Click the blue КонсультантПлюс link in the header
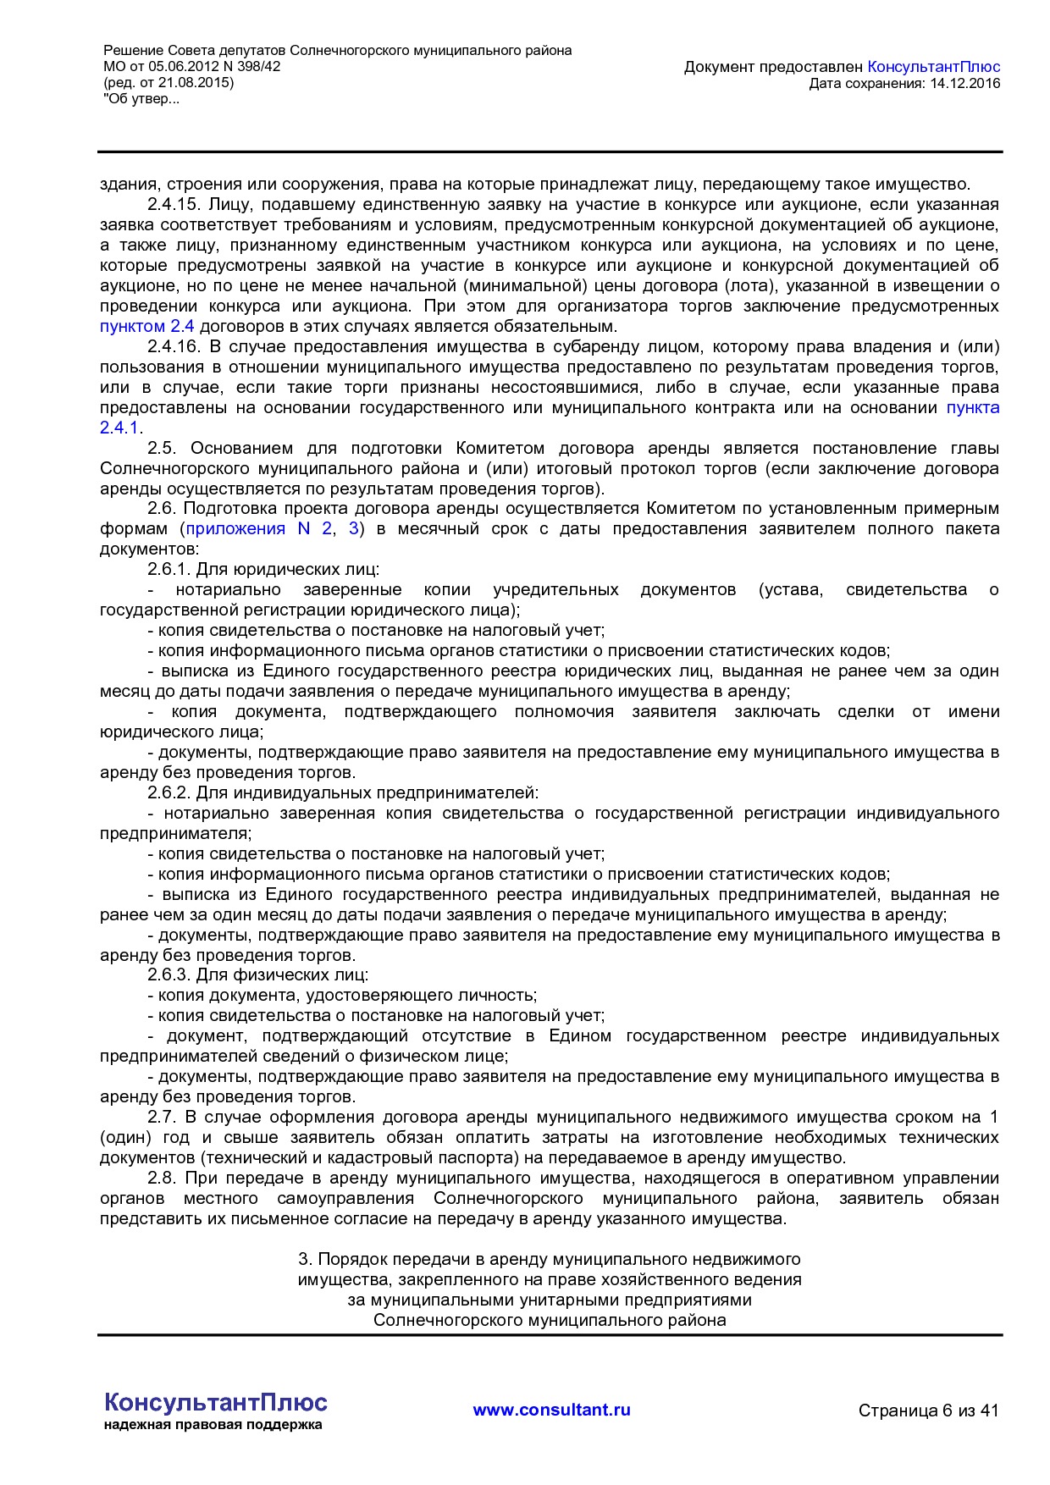[x=933, y=67]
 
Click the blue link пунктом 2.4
[x=146, y=327]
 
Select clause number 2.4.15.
[x=173, y=205]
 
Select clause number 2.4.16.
[x=173, y=347]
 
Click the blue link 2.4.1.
[x=119, y=428]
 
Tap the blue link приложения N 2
[x=258, y=529]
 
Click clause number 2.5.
[x=162, y=449]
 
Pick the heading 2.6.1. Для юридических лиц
[x=263, y=570]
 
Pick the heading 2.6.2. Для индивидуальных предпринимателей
[x=343, y=793]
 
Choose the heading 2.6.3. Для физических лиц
[x=258, y=975]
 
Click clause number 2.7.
[x=162, y=1118]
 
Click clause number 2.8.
[x=162, y=1179]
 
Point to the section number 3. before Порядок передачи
[x=306, y=1260]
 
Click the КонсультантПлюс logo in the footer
[x=215, y=1403]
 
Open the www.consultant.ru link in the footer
[x=551, y=1410]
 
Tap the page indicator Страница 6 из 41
[x=928, y=1410]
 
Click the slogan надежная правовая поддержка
[x=213, y=1425]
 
